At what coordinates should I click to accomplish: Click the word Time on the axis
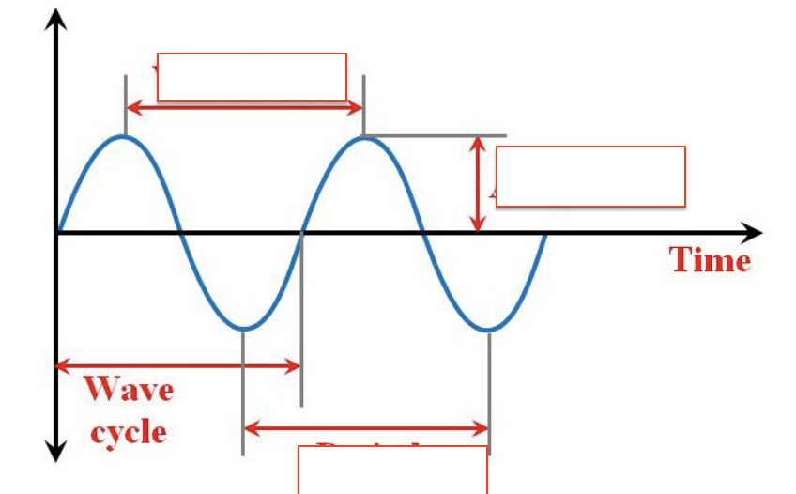tap(711, 259)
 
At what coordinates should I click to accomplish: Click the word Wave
tap(129, 388)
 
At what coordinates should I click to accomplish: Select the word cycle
tap(129, 431)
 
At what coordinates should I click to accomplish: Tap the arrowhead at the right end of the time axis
tap(754, 233)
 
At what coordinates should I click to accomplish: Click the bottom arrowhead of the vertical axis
tap(57, 453)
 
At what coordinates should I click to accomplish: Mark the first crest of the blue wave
tap(124, 137)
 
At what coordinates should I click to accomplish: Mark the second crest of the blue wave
tap(364, 137)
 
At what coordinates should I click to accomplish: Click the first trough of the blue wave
tap(243, 329)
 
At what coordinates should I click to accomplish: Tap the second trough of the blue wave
tap(488, 329)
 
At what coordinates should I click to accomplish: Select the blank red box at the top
tap(252, 77)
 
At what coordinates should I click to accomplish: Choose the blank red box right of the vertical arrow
tap(590, 177)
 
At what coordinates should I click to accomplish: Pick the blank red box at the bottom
tap(392, 470)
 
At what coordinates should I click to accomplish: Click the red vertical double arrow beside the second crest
tap(479, 183)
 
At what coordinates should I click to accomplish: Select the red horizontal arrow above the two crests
tap(244, 107)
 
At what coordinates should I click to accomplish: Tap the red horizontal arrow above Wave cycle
tap(178, 366)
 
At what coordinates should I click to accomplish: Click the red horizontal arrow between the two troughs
tap(366, 429)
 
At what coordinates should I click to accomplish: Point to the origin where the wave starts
tap(58, 233)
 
